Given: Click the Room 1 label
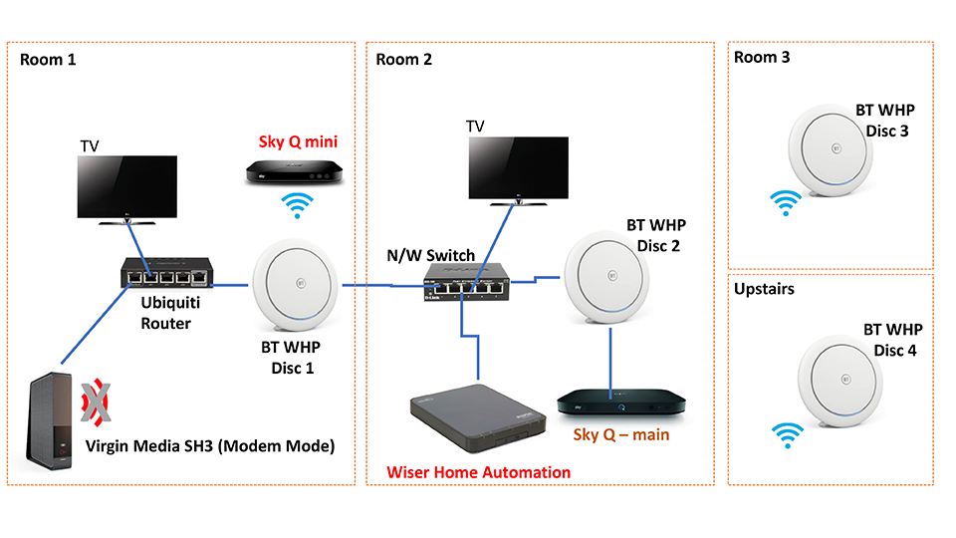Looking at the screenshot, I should [x=47, y=60].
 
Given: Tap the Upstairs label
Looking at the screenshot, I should [x=765, y=290].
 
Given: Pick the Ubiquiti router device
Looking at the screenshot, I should [x=165, y=272].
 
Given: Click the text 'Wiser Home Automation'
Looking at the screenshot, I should [x=479, y=471].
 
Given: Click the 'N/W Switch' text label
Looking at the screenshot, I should [x=431, y=255].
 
